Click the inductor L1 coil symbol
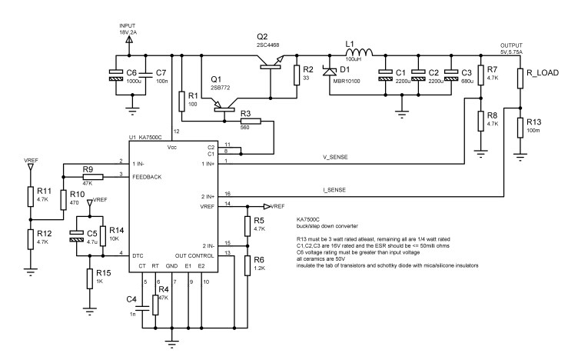click(x=359, y=53)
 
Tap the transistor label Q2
click(x=262, y=36)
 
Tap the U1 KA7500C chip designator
click(x=150, y=138)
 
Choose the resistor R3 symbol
click(x=251, y=121)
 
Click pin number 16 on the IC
click(x=228, y=194)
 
